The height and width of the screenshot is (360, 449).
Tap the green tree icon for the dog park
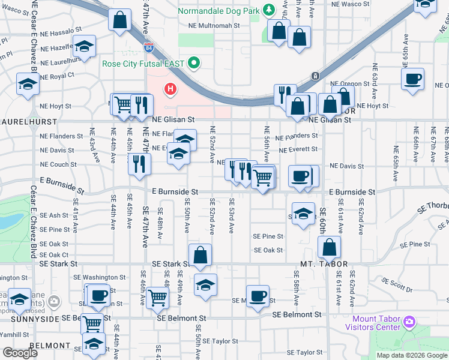270,10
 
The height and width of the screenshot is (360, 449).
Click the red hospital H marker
171,91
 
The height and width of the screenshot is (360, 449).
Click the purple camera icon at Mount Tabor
409,323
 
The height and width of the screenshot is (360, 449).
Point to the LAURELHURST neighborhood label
16,121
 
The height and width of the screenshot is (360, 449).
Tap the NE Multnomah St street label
214,26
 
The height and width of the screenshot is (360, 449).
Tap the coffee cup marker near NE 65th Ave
413,79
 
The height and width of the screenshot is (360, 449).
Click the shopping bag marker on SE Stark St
201,255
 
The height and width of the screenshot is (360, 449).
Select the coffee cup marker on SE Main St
258,296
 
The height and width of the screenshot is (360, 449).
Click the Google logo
20,353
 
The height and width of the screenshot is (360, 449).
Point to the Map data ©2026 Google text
411,355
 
